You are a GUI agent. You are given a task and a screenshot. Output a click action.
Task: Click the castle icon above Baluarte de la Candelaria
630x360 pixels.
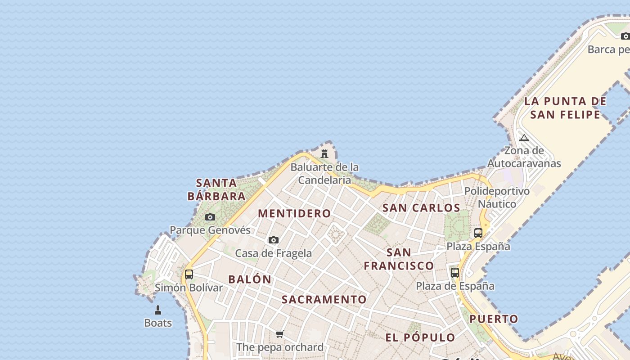pos(324,154)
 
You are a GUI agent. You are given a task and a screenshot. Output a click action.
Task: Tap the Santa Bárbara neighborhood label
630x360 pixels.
pos(216,189)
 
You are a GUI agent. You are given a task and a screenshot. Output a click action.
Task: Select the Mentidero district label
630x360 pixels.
pos(294,213)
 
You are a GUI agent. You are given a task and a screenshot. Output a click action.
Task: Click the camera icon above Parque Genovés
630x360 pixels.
pos(210,217)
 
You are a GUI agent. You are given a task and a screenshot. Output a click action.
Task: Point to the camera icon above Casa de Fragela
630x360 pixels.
pos(274,240)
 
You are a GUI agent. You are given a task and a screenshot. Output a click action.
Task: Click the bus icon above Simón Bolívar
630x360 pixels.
pos(189,274)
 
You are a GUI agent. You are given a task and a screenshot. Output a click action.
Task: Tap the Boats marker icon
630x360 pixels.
pos(158,310)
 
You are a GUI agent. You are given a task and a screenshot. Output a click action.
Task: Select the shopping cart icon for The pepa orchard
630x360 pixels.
pos(280,334)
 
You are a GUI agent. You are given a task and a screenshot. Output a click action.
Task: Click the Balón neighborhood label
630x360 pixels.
pos(250,279)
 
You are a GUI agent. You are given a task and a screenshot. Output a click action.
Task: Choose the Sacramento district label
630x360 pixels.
pos(324,299)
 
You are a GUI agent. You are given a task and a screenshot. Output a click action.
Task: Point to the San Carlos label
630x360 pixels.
pos(421,208)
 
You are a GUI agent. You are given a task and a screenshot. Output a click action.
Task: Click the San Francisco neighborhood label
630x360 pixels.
pos(399,259)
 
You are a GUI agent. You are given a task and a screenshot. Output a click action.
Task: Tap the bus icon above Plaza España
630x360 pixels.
pos(478,233)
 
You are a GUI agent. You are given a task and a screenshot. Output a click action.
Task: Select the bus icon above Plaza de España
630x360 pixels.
pos(455,272)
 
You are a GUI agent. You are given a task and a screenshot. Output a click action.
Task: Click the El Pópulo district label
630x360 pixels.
pos(420,337)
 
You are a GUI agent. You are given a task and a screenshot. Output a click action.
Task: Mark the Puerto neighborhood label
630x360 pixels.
pos(494,319)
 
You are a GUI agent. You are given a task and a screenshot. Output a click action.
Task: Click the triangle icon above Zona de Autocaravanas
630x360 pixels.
pos(524,138)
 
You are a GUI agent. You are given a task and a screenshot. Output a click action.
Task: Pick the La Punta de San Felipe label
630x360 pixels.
pos(565,108)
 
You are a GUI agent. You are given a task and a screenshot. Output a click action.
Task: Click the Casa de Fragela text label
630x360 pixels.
pos(274,253)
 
